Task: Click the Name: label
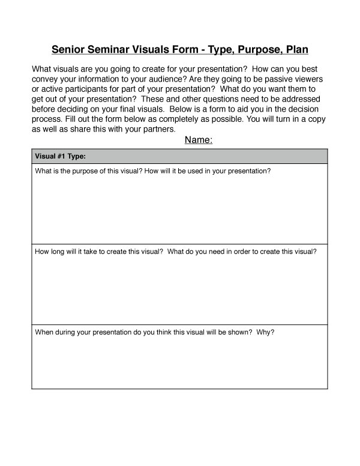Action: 199,141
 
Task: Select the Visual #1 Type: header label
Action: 61,157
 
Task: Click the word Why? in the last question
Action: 265,331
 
